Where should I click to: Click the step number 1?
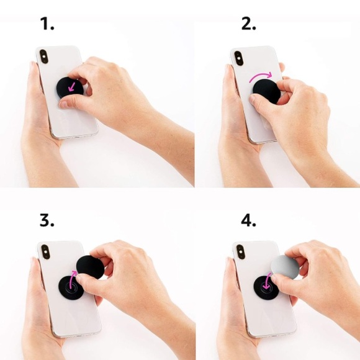point(47,24)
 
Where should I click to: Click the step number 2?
point(249,24)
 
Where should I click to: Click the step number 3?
point(47,220)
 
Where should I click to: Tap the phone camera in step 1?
point(43,56)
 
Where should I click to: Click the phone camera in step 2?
point(240,58)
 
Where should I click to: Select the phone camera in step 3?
point(45,252)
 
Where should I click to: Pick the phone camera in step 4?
point(241,252)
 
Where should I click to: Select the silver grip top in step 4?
point(285,266)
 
